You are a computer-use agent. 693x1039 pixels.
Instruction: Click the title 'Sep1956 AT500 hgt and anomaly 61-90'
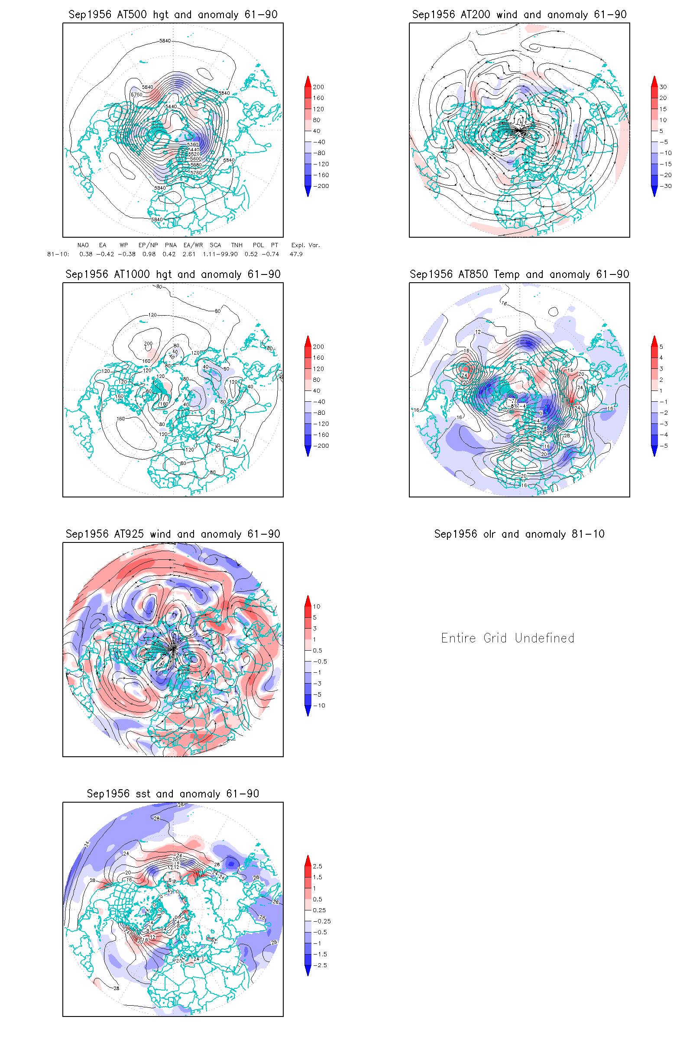[x=173, y=15]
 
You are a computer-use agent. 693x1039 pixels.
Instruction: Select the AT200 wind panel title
[x=519, y=15]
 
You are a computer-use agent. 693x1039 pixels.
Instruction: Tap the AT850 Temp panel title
[x=519, y=274]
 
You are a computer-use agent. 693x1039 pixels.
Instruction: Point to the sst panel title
[x=173, y=794]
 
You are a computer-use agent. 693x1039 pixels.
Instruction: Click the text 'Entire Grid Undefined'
[x=508, y=638]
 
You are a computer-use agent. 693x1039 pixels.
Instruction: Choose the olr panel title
[x=519, y=534]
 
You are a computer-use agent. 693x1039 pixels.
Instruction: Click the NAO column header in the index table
[x=83, y=245]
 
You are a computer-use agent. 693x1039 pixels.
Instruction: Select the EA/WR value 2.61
[x=189, y=255]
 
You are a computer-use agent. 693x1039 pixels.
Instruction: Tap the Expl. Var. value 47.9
[x=296, y=255]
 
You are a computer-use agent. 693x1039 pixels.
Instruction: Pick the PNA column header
[x=171, y=245]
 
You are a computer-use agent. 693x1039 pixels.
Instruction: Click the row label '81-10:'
[x=58, y=255]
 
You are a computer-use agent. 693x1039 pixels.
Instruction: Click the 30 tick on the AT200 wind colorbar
[x=663, y=87]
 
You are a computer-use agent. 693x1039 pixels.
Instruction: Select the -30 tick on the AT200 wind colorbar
[x=666, y=186]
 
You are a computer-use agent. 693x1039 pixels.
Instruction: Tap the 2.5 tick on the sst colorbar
[x=317, y=866]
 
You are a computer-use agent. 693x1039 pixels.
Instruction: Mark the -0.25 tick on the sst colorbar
[x=322, y=921]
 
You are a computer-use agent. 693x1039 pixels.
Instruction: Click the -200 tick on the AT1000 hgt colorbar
[x=321, y=446]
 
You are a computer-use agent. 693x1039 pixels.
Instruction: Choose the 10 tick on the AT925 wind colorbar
[x=317, y=607]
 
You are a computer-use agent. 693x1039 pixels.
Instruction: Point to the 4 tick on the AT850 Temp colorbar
[x=661, y=358]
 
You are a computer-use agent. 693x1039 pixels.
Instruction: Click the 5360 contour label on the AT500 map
[x=193, y=145]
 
